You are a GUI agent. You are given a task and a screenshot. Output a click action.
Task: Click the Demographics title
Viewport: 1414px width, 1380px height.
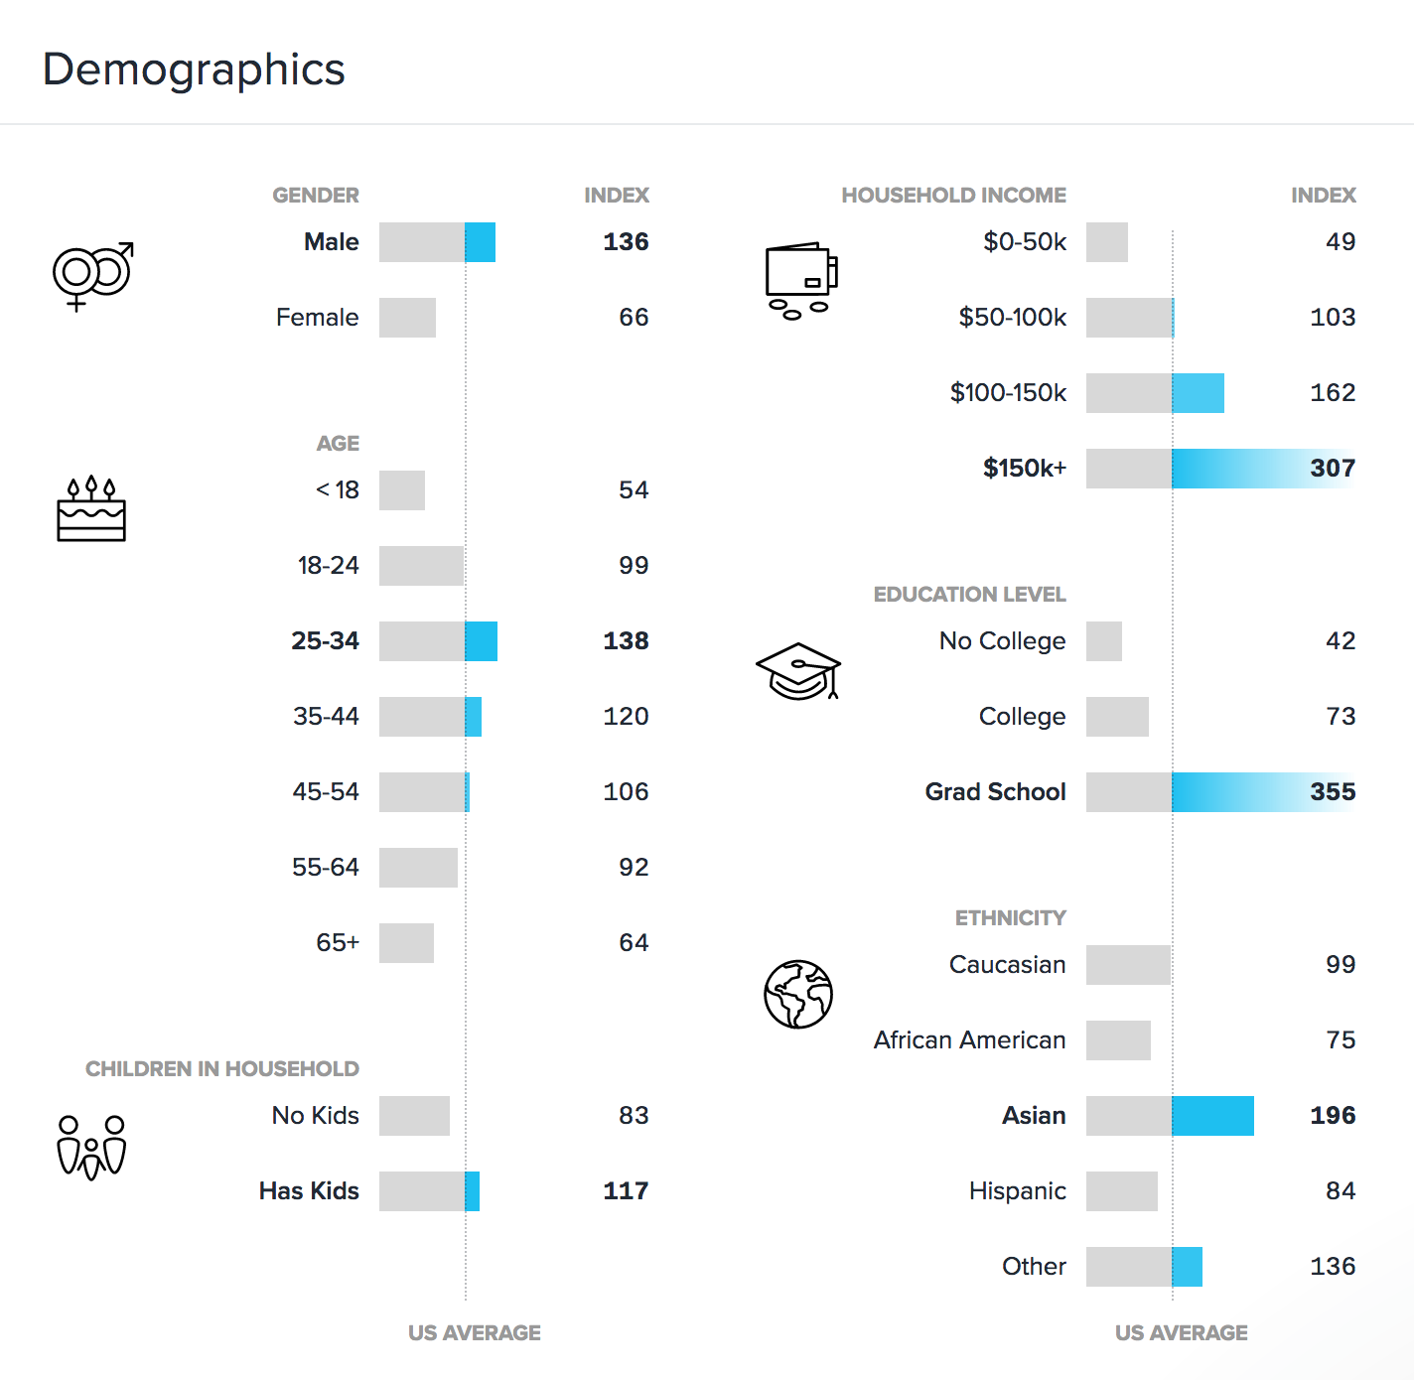pyautogui.click(x=194, y=69)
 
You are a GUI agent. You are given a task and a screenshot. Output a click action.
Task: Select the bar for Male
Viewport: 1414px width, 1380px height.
pyautogui.click(x=437, y=242)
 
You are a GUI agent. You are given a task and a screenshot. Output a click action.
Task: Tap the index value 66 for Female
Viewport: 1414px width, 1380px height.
pyautogui.click(x=634, y=318)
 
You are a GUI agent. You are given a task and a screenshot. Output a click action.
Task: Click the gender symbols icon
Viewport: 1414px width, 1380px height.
pyautogui.click(x=92, y=275)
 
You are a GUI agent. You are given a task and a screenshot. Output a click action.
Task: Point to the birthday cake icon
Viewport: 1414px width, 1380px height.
pyautogui.click(x=91, y=509)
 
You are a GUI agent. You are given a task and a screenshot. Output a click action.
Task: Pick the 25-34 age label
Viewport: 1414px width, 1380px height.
pyautogui.click(x=325, y=641)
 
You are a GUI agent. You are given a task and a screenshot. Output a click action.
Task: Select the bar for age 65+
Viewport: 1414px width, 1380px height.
pyautogui.click(x=406, y=943)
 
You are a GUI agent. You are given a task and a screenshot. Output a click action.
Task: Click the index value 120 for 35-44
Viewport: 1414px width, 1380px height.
pyautogui.click(x=626, y=717)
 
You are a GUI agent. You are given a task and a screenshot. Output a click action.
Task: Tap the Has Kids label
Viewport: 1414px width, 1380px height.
pyautogui.click(x=309, y=1191)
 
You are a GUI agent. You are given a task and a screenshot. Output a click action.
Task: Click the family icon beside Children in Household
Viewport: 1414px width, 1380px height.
pyautogui.click(x=91, y=1148)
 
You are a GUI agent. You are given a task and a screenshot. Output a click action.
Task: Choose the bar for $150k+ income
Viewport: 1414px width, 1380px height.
pyautogui.click(x=1219, y=469)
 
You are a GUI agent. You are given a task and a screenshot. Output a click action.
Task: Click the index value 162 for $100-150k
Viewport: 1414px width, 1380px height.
pyautogui.click(x=1333, y=393)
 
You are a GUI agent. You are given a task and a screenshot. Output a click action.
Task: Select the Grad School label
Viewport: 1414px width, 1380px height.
pyautogui.click(x=995, y=792)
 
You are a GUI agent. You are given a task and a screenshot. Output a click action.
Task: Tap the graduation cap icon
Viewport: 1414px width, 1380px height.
pyautogui.click(x=798, y=671)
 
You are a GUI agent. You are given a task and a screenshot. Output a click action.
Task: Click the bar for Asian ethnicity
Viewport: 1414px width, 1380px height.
pyautogui.click(x=1170, y=1116)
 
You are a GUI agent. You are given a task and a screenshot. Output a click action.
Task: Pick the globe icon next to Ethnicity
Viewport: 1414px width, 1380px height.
pyautogui.click(x=798, y=994)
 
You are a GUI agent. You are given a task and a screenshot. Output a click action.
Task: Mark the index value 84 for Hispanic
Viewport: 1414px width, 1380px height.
pyautogui.click(x=1341, y=1191)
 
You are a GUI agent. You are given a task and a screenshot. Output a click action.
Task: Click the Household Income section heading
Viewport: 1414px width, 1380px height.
pyautogui.click(x=953, y=196)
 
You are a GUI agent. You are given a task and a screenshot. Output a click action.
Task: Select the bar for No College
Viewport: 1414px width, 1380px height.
pyautogui.click(x=1104, y=641)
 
